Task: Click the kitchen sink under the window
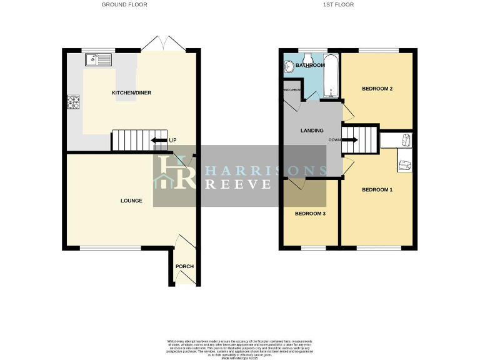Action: tap(98, 60)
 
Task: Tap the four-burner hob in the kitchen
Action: tap(73, 102)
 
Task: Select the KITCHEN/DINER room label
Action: tap(131, 93)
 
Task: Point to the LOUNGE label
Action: tap(131, 201)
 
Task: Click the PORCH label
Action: tap(184, 266)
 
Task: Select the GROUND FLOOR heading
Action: tap(125, 4)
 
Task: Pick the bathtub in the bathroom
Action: tap(331, 76)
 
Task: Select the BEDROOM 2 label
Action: tap(377, 89)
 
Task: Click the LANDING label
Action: tap(311, 131)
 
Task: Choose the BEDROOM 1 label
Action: tap(377, 189)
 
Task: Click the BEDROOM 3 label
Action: tap(310, 214)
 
